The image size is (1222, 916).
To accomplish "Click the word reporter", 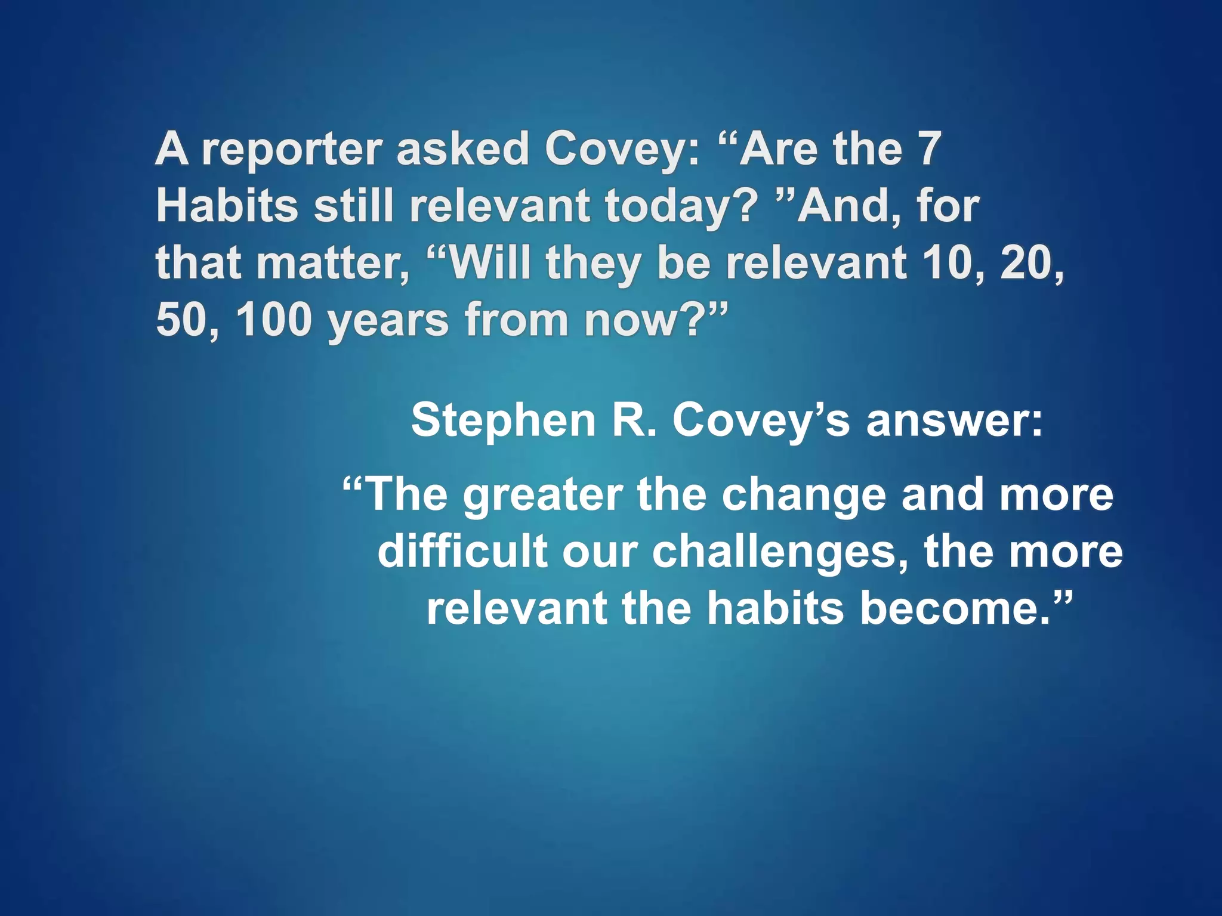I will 291,150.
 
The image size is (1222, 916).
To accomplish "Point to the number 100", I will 274,320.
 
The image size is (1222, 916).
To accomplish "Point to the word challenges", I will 779,552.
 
